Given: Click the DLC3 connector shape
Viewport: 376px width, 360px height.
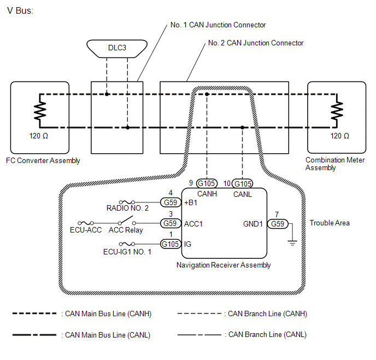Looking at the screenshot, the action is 117,49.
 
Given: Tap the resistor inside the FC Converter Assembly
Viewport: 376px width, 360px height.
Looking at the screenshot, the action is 40,111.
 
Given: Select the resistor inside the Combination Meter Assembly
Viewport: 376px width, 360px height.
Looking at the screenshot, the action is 337,111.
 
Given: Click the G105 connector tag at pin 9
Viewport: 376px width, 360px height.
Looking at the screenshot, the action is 207,183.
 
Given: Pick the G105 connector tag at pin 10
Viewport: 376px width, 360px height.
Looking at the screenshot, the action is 243,184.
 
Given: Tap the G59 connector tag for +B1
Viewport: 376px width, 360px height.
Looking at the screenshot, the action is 171,202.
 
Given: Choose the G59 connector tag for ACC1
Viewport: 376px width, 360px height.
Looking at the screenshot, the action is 171,223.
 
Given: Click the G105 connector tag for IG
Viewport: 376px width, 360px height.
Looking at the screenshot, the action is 171,244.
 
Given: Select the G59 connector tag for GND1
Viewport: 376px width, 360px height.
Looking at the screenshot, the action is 278,224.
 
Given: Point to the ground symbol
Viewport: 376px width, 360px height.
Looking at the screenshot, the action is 292,243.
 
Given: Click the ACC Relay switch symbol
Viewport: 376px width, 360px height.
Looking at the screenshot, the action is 127,220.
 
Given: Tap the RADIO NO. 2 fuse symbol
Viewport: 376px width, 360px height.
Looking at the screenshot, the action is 127,202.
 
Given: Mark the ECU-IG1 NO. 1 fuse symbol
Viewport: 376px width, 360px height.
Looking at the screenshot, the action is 127,244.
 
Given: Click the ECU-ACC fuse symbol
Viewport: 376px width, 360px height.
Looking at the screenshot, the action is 86,223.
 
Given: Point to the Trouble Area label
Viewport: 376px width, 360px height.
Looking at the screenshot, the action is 330,223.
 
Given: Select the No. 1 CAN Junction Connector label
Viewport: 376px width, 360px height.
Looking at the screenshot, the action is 218,25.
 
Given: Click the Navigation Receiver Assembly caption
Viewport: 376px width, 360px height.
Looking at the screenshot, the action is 224,265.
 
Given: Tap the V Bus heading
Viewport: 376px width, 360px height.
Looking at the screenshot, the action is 20,10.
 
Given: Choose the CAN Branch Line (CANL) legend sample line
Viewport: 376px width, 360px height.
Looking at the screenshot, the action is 199,335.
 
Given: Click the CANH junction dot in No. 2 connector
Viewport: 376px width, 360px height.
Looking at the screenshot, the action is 207,94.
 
